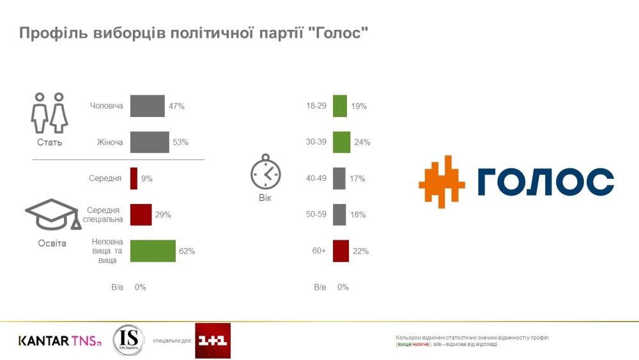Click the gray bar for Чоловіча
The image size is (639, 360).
pyautogui.click(x=147, y=106)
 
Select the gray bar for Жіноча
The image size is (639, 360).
pyautogui.click(x=149, y=142)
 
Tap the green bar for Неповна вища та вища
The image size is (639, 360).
pyautogui.click(x=152, y=251)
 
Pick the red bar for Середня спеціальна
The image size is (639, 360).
pyautogui.click(x=141, y=215)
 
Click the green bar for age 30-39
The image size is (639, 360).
pyautogui.click(x=341, y=142)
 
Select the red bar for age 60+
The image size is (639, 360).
pyautogui.click(x=341, y=251)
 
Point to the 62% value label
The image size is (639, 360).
pyautogui.click(x=187, y=251)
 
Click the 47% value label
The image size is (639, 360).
pyautogui.click(x=176, y=106)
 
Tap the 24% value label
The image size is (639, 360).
pyautogui.click(x=362, y=142)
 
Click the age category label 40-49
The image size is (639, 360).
pyautogui.click(x=316, y=178)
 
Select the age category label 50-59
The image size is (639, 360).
pyautogui.click(x=316, y=215)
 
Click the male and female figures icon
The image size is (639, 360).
pyautogui.click(x=49, y=113)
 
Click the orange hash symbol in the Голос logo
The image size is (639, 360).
pyautogui.click(x=442, y=181)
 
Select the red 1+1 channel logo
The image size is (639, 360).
pyautogui.click(x=213, y=341)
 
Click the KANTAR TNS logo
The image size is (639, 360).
pyautogui.click(x=59, y=341)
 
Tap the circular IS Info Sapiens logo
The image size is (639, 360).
pyautogui.click(x=128, y=340)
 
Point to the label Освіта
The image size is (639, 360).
pyautogui.click(x=51, y=244)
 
